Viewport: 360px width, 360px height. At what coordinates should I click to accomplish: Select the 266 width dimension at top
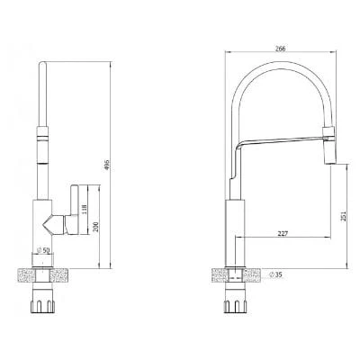280,49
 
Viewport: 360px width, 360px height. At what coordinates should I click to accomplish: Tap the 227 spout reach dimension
283,233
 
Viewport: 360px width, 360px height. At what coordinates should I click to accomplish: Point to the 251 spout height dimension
344,216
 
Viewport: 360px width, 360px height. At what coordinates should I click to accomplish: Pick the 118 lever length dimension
85,210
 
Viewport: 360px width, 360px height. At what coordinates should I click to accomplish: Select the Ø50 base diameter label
42,250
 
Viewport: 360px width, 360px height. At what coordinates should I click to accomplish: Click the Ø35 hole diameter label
276,274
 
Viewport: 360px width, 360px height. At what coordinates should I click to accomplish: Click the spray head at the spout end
328,145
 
